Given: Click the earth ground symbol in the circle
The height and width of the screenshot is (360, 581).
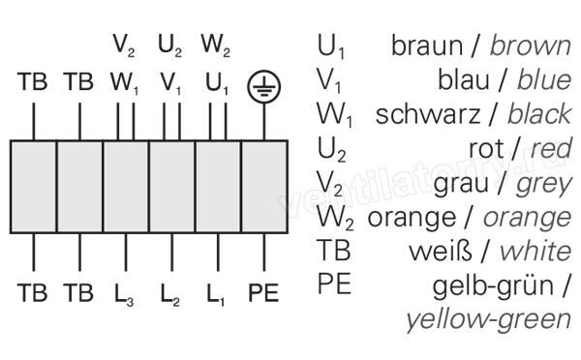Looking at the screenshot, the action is click(x=263, y=87).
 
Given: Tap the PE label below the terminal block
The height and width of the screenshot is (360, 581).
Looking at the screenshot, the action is click(x=263, y=293).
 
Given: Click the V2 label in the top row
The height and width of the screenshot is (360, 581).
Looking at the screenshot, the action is click(x=124, y=45).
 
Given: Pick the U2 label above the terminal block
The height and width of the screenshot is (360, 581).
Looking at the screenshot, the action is click(x=170, y=45).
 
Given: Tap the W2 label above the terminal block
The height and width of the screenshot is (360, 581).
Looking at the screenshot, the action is click(x=216, y=45).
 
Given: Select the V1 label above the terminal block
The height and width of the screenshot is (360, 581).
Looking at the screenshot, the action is click(x=170, y=83).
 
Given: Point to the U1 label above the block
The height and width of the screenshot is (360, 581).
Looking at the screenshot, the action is click(x=217, y=83).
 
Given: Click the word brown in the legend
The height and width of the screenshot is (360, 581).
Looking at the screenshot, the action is click(x=531, y=46).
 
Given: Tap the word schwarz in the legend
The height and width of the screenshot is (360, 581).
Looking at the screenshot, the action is click(x=428, y=114).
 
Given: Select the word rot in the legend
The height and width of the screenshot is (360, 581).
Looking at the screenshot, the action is click(x=486, y=149).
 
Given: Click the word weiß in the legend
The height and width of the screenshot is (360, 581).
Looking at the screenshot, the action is click(x=441, y=251).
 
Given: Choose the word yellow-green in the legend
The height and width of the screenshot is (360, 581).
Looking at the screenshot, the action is click(x=488, y=320).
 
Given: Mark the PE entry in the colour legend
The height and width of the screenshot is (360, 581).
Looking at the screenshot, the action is click(x=334, y=284).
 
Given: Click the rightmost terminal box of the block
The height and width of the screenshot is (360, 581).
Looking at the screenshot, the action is click(x=264, y=187).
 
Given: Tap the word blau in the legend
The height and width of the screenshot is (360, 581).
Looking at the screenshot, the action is click(x=464, y=79).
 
